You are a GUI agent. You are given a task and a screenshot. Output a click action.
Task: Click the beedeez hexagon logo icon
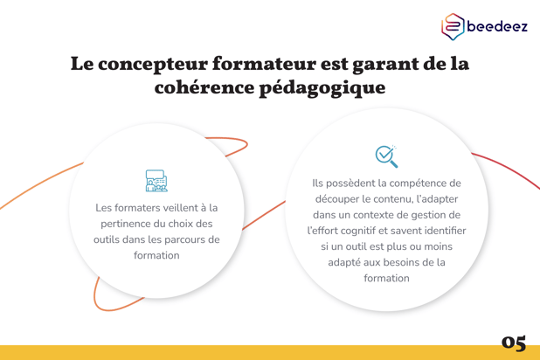click(453, 26)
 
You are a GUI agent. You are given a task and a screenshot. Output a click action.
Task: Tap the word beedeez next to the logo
click(497, 26)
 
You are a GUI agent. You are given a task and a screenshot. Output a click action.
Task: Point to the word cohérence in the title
click(204, 87)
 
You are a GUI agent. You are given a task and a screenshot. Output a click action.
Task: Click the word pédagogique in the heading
click(322, 88)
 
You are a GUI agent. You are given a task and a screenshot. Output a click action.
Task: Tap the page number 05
click(514, 343)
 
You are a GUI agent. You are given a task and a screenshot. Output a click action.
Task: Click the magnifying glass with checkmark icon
click(386, 156)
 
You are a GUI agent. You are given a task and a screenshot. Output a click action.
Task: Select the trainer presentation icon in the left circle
click(156, 181)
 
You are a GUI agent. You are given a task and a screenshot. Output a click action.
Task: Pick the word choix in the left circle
click(182, 224)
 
